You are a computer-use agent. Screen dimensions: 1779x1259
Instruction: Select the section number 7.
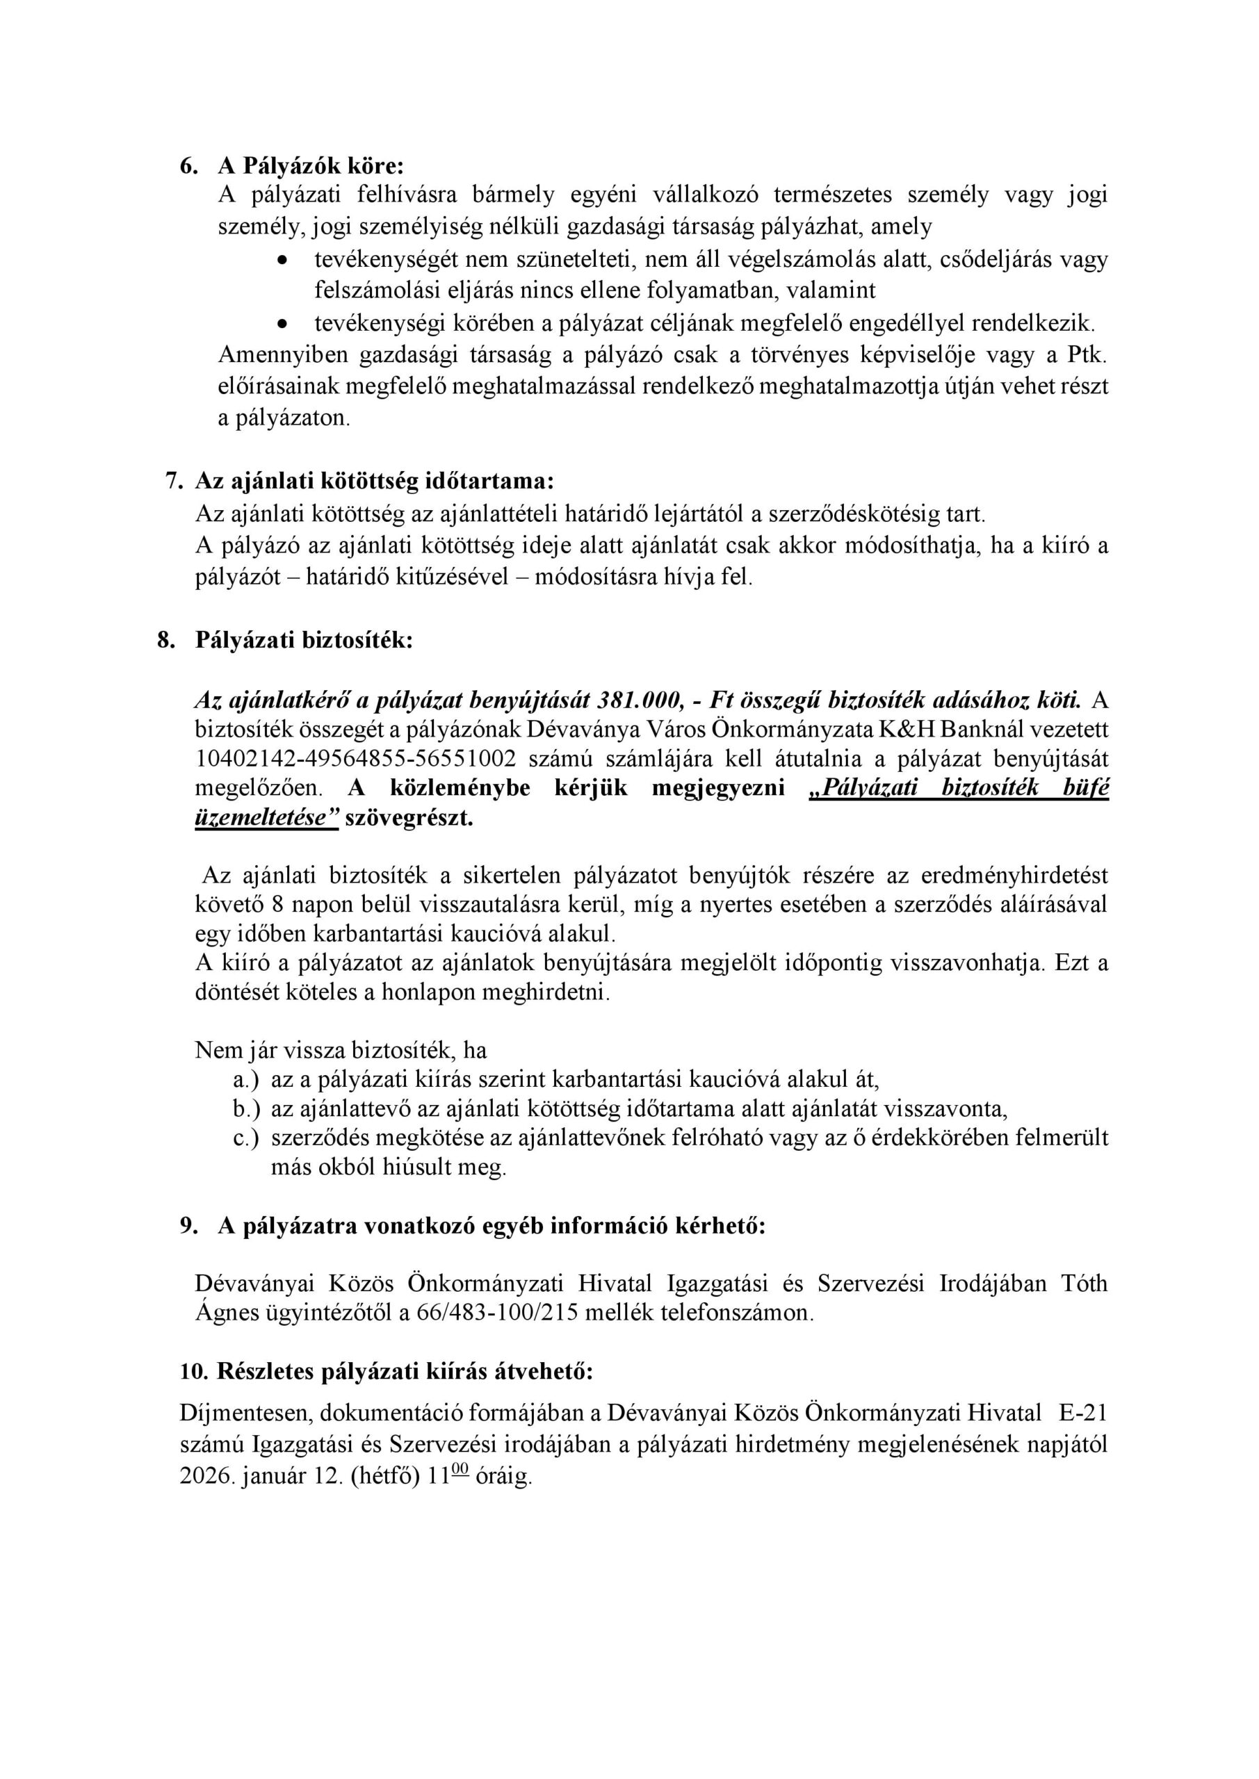tap(173, 481)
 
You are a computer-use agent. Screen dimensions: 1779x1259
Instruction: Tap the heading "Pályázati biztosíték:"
tap(304, 641)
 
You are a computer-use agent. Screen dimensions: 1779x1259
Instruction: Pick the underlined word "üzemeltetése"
tap(266, 818)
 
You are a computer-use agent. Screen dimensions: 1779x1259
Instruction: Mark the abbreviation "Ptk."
tap(1087, 355)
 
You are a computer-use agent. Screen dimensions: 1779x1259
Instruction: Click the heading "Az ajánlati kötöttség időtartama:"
tap(375, 481)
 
